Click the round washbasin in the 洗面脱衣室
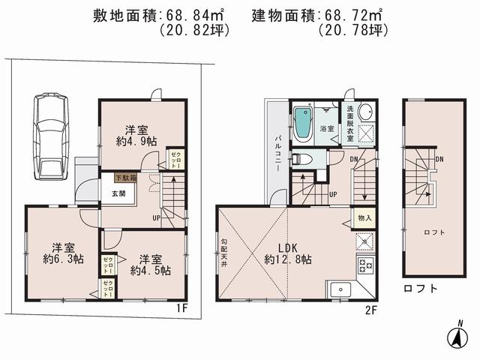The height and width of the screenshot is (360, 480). point(366,113)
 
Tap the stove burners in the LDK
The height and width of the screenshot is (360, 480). point(365,265)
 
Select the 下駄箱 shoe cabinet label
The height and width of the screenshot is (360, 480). point(125,178)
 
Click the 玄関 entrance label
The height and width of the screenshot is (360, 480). point(120,193)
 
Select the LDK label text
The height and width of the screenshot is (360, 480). point(288,247)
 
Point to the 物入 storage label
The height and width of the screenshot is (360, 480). point(364,218)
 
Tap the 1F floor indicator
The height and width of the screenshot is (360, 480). point(181,308)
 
